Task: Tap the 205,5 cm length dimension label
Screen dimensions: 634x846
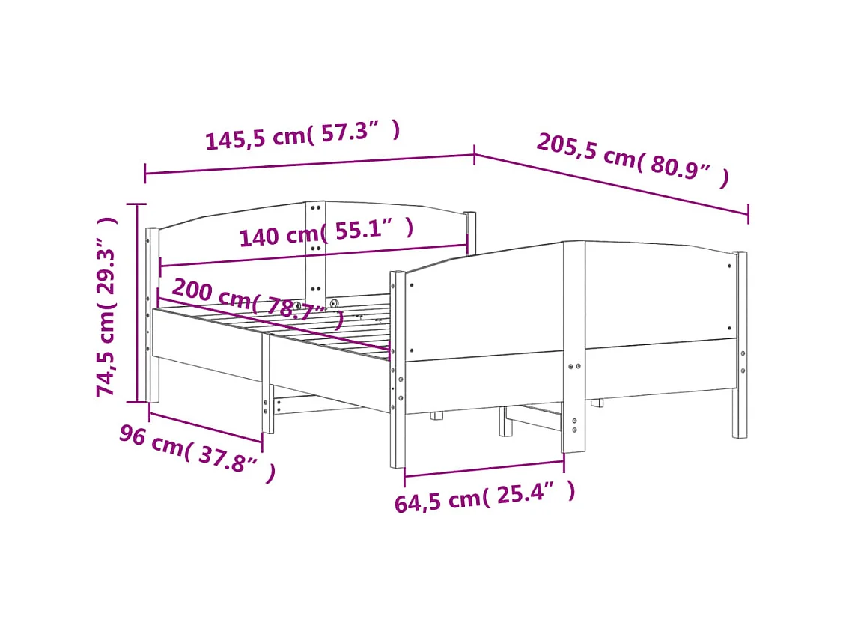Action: click(633, 159)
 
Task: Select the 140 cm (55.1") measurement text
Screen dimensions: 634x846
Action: click(326, 233)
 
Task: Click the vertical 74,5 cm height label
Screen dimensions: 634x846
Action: click(107, 306)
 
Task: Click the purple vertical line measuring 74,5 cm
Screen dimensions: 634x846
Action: click(137, 302)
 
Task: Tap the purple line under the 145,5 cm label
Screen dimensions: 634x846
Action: click(309, 164)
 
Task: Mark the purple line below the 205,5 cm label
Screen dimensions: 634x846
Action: click(611, 184)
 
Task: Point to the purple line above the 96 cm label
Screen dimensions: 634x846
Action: click(206, 427)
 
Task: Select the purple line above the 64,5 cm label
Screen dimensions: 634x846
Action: click(484, 468)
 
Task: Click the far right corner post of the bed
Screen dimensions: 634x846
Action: click(740, 344)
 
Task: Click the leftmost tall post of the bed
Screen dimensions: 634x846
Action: click(152, 314)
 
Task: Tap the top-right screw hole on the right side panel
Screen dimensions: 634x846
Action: click(731, 264)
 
